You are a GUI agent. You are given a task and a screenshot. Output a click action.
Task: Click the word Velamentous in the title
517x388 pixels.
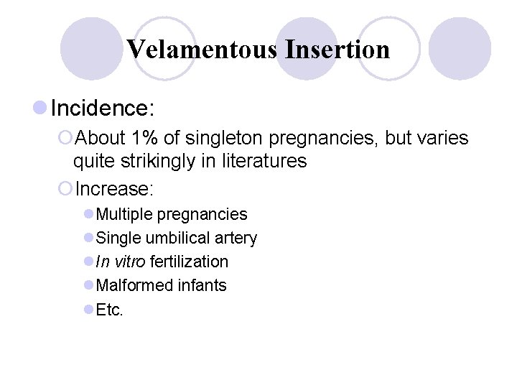(202, 50)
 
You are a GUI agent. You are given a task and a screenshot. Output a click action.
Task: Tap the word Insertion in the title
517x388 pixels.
(337, 50)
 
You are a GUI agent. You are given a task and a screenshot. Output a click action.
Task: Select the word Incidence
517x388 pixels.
(100, 108)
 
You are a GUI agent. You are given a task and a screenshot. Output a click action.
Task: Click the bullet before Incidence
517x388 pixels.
(40, 108)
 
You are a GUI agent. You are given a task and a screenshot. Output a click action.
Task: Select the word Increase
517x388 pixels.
(115, 189)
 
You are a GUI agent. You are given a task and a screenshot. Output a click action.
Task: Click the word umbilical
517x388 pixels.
(175, 238)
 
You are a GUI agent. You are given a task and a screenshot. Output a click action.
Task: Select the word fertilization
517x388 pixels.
(189, 262)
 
